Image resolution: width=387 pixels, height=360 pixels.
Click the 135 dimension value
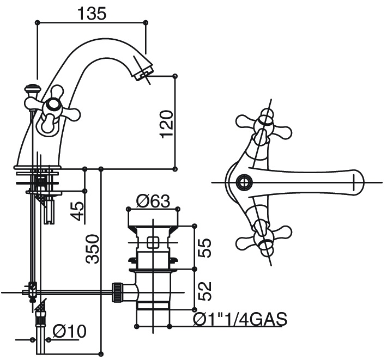(x=91, y=14)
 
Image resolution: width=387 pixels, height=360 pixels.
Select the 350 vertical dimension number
(x=93, y=248)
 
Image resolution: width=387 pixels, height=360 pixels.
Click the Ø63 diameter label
(x=152, y=202)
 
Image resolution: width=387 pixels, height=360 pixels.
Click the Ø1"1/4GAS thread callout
(x=240, y=319)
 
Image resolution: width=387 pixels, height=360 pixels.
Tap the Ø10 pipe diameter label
(x=69, y=331)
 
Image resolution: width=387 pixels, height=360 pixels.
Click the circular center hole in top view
(x=243, y=181)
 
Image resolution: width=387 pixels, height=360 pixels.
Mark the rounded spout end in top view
(x=358, y=181)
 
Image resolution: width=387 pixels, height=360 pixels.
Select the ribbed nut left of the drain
(x=116, y=292)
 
